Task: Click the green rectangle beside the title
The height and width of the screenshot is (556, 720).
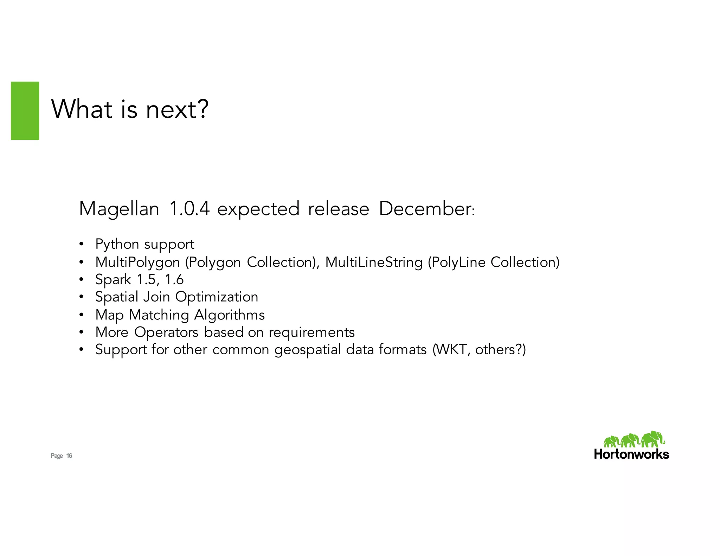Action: coord(25,111)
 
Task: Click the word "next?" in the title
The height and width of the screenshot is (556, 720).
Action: coord(177,109)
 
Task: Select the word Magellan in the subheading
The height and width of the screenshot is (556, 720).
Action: coord(119,209)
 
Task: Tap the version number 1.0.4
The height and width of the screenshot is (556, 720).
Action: coord(189,208)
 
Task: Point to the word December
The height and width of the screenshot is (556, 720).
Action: coord(425,208)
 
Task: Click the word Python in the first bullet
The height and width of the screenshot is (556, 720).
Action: coord(117,244)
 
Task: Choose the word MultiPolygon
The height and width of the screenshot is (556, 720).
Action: coord(137,262)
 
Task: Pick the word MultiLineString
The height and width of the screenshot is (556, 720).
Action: coord(374,262)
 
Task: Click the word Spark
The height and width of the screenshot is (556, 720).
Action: coord(113,280)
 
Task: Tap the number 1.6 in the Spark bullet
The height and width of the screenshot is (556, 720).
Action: coord(174,280)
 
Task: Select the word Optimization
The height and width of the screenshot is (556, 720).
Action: coord(217,297)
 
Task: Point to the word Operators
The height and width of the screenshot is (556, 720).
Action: coord(166,332)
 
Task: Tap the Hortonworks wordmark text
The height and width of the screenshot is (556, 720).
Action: coord(631,454)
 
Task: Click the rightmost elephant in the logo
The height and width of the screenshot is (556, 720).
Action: coord(653,439)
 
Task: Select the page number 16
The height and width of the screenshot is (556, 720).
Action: coord(69,456)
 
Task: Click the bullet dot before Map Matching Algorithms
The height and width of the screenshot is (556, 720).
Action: coord(81,315)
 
